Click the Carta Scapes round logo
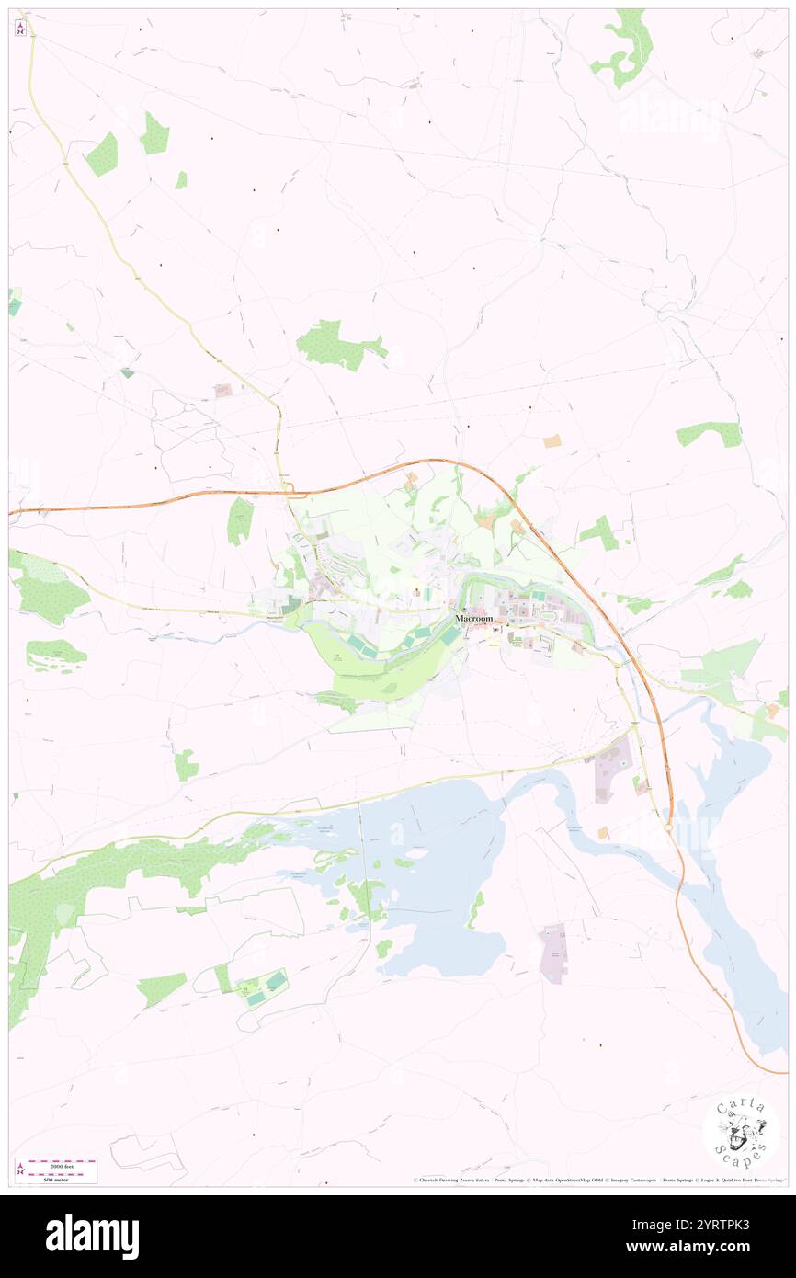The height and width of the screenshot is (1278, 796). (741, 1132)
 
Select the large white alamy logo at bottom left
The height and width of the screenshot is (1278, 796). (92, 1237)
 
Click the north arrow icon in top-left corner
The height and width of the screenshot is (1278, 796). (20, 29)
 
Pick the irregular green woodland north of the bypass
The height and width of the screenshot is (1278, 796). (335, 346)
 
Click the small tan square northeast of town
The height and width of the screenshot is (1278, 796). (552, 441)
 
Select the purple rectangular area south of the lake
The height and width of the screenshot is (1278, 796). (553, 953)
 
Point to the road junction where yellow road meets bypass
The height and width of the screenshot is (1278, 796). (288, 490)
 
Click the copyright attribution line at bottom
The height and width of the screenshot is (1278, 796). (597, 1181)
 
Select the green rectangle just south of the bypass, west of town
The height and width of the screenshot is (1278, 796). (240, 520)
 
